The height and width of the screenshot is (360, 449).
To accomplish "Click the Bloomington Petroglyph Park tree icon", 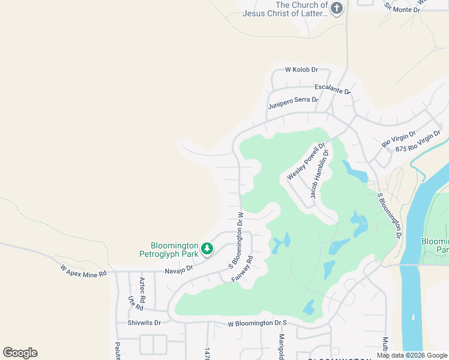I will (x=207, y=248).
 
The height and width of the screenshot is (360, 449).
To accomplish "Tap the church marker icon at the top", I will (x=337, y=8).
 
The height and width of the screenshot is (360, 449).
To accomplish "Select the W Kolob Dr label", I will (x=301, y=70).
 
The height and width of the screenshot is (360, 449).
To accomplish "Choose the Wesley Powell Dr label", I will (x=306, y=161).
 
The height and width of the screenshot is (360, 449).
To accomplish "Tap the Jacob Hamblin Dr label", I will (x=320, y=175).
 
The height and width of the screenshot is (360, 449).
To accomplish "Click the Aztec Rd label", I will (x=142, y=289).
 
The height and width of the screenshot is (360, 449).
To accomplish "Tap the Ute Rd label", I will (x=131, y=303).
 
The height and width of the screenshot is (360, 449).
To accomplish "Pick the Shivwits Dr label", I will (x=145, y=323).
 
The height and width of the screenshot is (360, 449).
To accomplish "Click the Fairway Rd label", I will (x=242, y=270).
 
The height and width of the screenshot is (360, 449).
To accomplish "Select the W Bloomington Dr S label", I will (x=258, y=323).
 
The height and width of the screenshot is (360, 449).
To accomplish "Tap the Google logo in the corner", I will (x=20, y=353).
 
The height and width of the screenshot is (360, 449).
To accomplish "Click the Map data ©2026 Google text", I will (x=412, y=355).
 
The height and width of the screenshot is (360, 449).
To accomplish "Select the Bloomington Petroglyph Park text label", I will (x=175, y=250).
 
